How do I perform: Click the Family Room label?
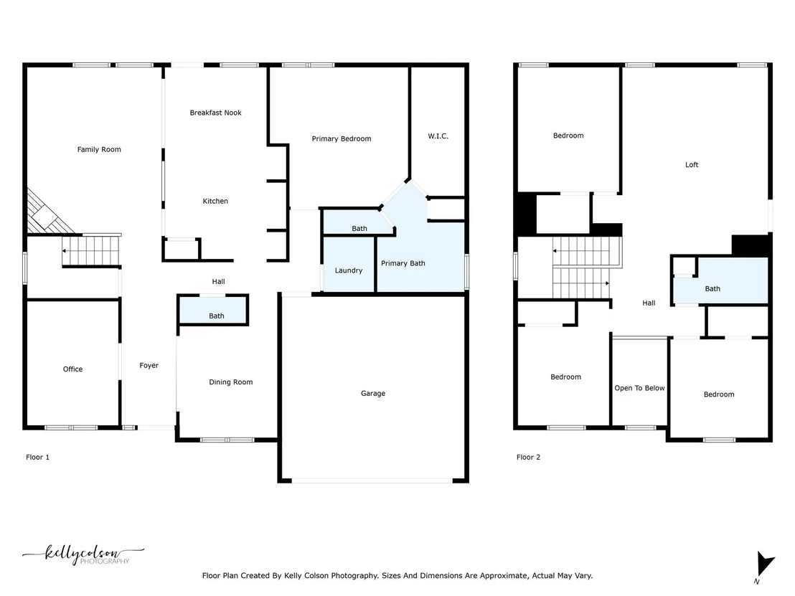pos(99,149)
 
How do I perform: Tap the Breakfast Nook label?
pos(215,113)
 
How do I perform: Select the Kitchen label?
pos(215,202)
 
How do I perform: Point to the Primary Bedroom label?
pos(342,139)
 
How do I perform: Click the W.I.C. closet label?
pos(438,136)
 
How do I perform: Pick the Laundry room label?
pos(348,270)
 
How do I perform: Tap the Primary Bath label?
pos(403,263)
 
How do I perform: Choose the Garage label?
pos(373,393)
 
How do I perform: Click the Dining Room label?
pos(231,382)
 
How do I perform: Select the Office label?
pos(72,369)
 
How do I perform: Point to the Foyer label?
pos(149,365)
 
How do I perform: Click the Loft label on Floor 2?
pos(692,165)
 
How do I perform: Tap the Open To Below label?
pos(639,388)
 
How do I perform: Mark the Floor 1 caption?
pos(37,457)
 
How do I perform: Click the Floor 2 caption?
pos(528,457)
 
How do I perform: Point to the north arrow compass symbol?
pos(763,564)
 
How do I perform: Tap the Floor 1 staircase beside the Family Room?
pos(90,250)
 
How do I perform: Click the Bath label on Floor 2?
pos(712,289)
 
